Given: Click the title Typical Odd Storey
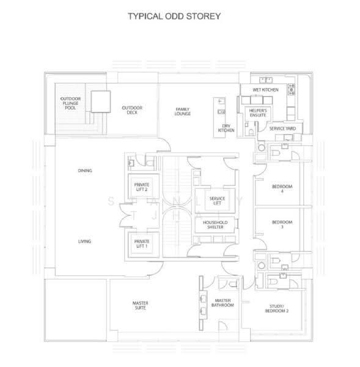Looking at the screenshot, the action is click(174, 17).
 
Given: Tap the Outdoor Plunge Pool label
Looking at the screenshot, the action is click(70, 103).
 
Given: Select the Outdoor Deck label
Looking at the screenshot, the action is click(132, 110).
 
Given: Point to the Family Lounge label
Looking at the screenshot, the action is click(183, 111).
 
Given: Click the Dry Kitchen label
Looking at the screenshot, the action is click(226, 128).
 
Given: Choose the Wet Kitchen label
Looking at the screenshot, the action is click(265, 90).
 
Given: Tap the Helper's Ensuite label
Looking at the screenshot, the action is click(258, 113).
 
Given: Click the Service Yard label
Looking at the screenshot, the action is click(282, 128).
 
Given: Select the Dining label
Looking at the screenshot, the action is click(85, 171).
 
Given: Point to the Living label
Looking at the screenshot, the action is click(84, 242).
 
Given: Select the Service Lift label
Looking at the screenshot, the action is click(217, 201).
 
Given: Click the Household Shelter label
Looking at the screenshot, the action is click(215, 224).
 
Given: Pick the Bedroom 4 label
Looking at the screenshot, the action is click(282, 188).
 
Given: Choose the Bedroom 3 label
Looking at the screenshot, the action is click(282, 224).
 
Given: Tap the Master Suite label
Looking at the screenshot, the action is click(141, 305).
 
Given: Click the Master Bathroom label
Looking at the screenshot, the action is click(222, 303).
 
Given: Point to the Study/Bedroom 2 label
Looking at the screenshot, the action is click(276, 308).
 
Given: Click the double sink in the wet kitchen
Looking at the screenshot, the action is click(266, 80).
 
